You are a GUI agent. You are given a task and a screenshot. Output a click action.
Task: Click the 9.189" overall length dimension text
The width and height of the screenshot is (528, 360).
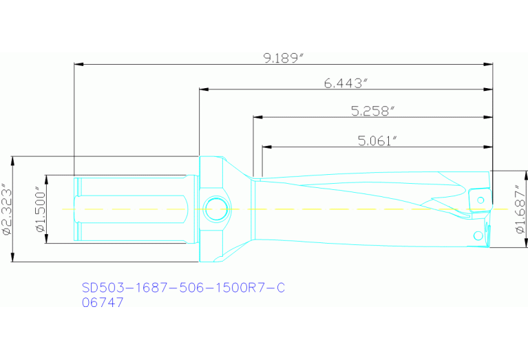[284, 59]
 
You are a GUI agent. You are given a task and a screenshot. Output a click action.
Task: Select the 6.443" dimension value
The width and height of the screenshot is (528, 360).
[346, 83]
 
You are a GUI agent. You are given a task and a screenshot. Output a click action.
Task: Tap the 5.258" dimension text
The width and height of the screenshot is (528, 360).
[372, 111]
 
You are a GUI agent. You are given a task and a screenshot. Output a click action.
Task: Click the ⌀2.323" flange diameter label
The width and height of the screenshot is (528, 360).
[6, 209]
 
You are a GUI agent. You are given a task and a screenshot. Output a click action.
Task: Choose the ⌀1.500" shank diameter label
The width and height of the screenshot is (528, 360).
[39, 209]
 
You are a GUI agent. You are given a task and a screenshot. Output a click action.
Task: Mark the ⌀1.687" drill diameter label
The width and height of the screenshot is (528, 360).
[520, 209]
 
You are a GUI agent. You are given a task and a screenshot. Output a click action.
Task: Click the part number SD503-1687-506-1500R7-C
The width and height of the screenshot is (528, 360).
[183, 288]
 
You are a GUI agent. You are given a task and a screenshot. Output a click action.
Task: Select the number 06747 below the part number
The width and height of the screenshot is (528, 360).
[103, 302]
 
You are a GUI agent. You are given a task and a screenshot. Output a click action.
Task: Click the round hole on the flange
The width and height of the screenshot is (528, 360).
[218, 209]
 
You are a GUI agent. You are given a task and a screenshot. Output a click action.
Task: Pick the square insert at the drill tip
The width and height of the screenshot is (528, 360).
[479, 199]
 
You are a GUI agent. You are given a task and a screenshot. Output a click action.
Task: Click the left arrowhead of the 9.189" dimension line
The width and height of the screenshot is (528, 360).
[78, 65]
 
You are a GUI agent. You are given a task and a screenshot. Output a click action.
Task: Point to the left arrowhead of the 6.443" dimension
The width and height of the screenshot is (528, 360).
[204, 89]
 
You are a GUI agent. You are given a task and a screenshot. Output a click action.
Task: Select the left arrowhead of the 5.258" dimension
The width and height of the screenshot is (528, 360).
[257, 118]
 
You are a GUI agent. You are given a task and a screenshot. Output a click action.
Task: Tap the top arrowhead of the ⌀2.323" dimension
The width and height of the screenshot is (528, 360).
[13, 160]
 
